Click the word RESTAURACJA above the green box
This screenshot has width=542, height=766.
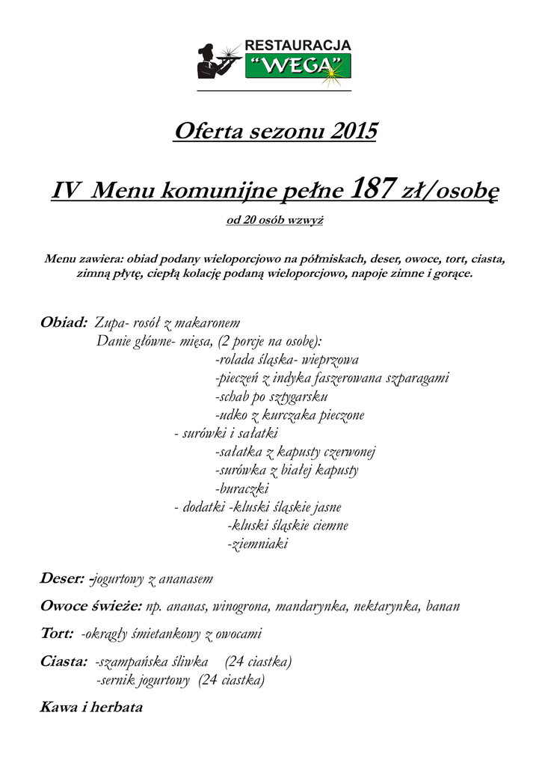click(x=298, y=46)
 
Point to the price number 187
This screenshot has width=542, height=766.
click(x=372, y=189)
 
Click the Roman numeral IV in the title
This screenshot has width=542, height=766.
click(x=67, y=191)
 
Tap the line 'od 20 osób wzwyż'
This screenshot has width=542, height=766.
click(x=274, y=221)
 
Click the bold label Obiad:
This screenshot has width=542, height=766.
click(x=64, y=323)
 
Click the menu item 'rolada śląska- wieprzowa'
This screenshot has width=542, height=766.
click(x=287, y=360)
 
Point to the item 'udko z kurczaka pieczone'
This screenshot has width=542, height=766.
click(x=289, y=415)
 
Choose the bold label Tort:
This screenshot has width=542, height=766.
click(x=56, y=634)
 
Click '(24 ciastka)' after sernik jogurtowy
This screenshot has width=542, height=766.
click(x=232, y=681)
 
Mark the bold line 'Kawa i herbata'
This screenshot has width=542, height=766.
click(x=90, y=707)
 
